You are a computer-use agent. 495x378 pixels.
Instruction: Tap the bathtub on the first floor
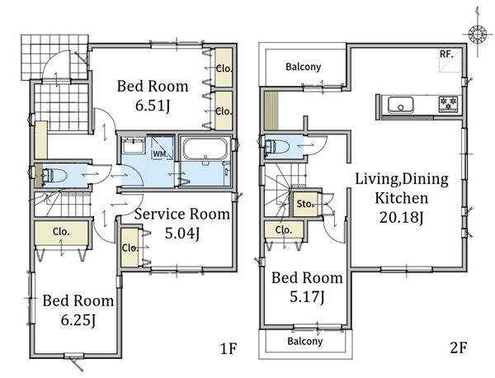[205, 149]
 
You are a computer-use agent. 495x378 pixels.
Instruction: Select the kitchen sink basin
[401, 105]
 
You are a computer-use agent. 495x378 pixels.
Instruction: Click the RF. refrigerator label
[446, 54]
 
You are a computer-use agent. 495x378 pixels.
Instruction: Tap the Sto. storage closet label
[305, 204]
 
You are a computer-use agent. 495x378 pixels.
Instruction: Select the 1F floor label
[229, 348]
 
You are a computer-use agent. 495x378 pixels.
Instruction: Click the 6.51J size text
[153, 106]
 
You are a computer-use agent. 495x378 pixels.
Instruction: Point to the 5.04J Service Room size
[182, 234]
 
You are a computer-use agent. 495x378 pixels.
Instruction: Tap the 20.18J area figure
[401, 218]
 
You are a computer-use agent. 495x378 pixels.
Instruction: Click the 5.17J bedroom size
[307, 297]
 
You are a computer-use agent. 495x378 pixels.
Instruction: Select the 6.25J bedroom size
[78, 320]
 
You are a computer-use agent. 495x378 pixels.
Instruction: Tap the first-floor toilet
[54, 176]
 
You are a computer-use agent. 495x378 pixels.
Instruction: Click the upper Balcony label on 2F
[303, 67]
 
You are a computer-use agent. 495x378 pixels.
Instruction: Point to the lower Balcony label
[305, 342]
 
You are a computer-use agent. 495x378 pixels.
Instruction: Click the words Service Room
[182, 214]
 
